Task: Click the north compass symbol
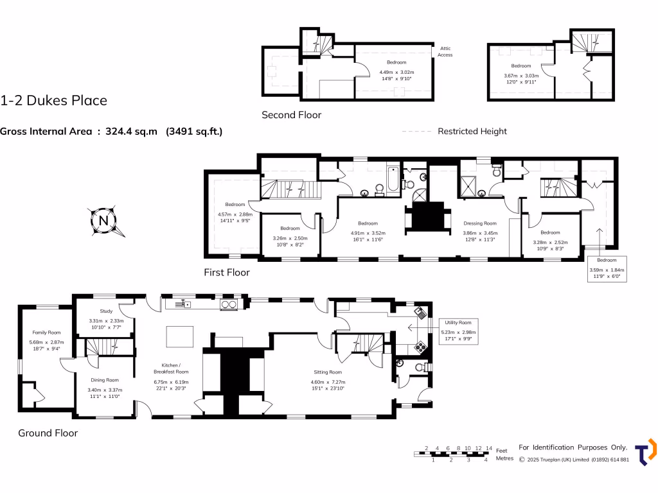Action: click(103, 221)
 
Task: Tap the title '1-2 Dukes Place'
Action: click(54, 100)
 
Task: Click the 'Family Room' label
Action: click(46, 333)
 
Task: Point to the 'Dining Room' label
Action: click(103, 380)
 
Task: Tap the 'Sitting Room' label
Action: click(328, 372)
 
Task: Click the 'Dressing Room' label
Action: click(481, 223)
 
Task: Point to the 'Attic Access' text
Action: click(445, 51)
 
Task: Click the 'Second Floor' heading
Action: click(291, 115)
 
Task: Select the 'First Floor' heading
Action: click(227, 272)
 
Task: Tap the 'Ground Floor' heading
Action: click(48, 433)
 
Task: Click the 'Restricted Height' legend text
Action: click(472, 131)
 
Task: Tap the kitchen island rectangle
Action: click(179, 336)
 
